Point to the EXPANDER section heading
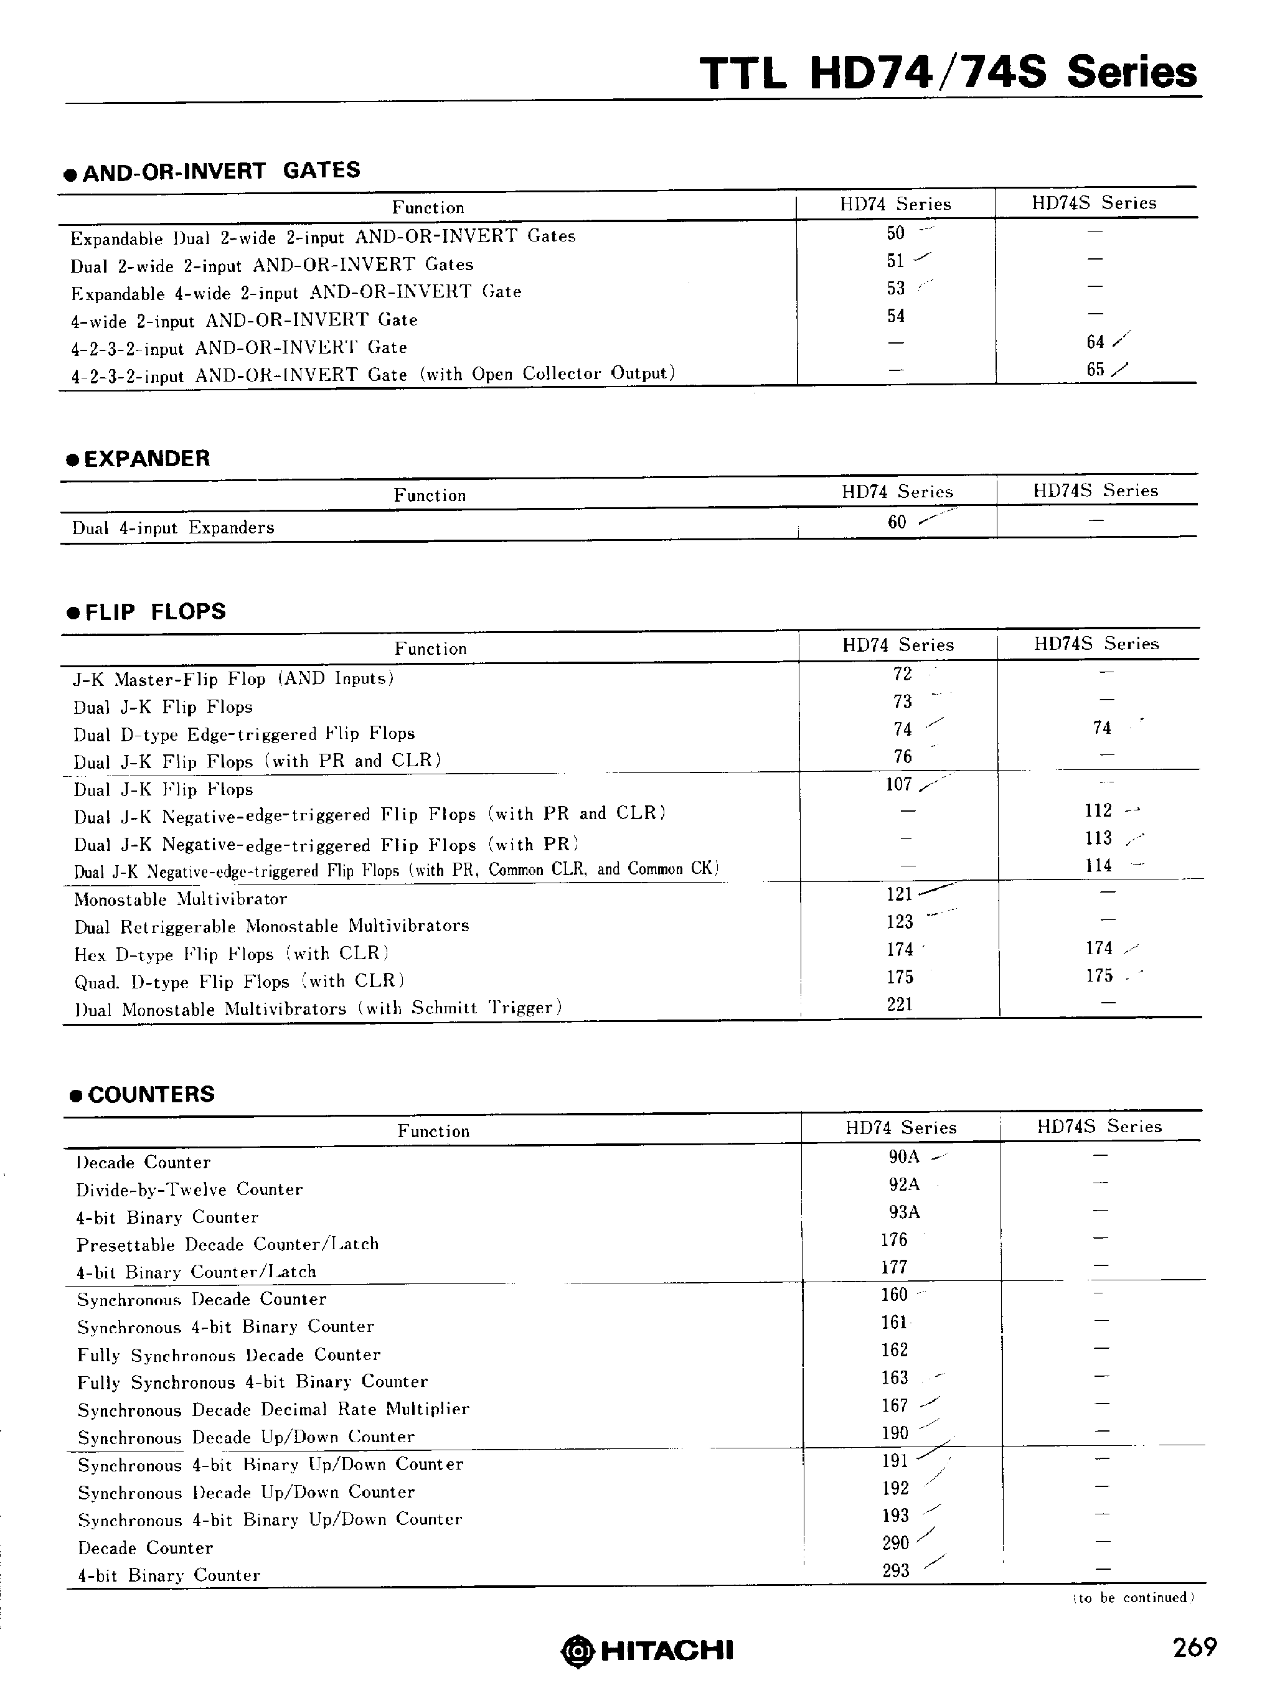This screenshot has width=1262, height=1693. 146,458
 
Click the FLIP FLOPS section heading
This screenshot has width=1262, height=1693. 155,612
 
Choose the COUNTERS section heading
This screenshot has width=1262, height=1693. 151,1094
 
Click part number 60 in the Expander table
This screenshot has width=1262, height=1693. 897,522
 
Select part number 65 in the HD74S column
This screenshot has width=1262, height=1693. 1096,370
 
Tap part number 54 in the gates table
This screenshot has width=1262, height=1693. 895,316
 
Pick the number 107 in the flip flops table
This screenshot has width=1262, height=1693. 898,784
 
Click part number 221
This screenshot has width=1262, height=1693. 899,1004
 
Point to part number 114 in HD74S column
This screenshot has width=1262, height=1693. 1098,865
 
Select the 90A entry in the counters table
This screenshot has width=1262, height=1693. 904,1157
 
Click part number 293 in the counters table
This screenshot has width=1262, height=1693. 895,1570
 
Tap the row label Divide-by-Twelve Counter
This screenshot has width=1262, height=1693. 189,1189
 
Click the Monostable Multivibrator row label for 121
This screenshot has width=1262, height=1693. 181,899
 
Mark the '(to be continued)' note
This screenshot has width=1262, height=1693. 1134,1598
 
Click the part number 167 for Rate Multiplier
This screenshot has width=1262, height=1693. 895,1405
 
